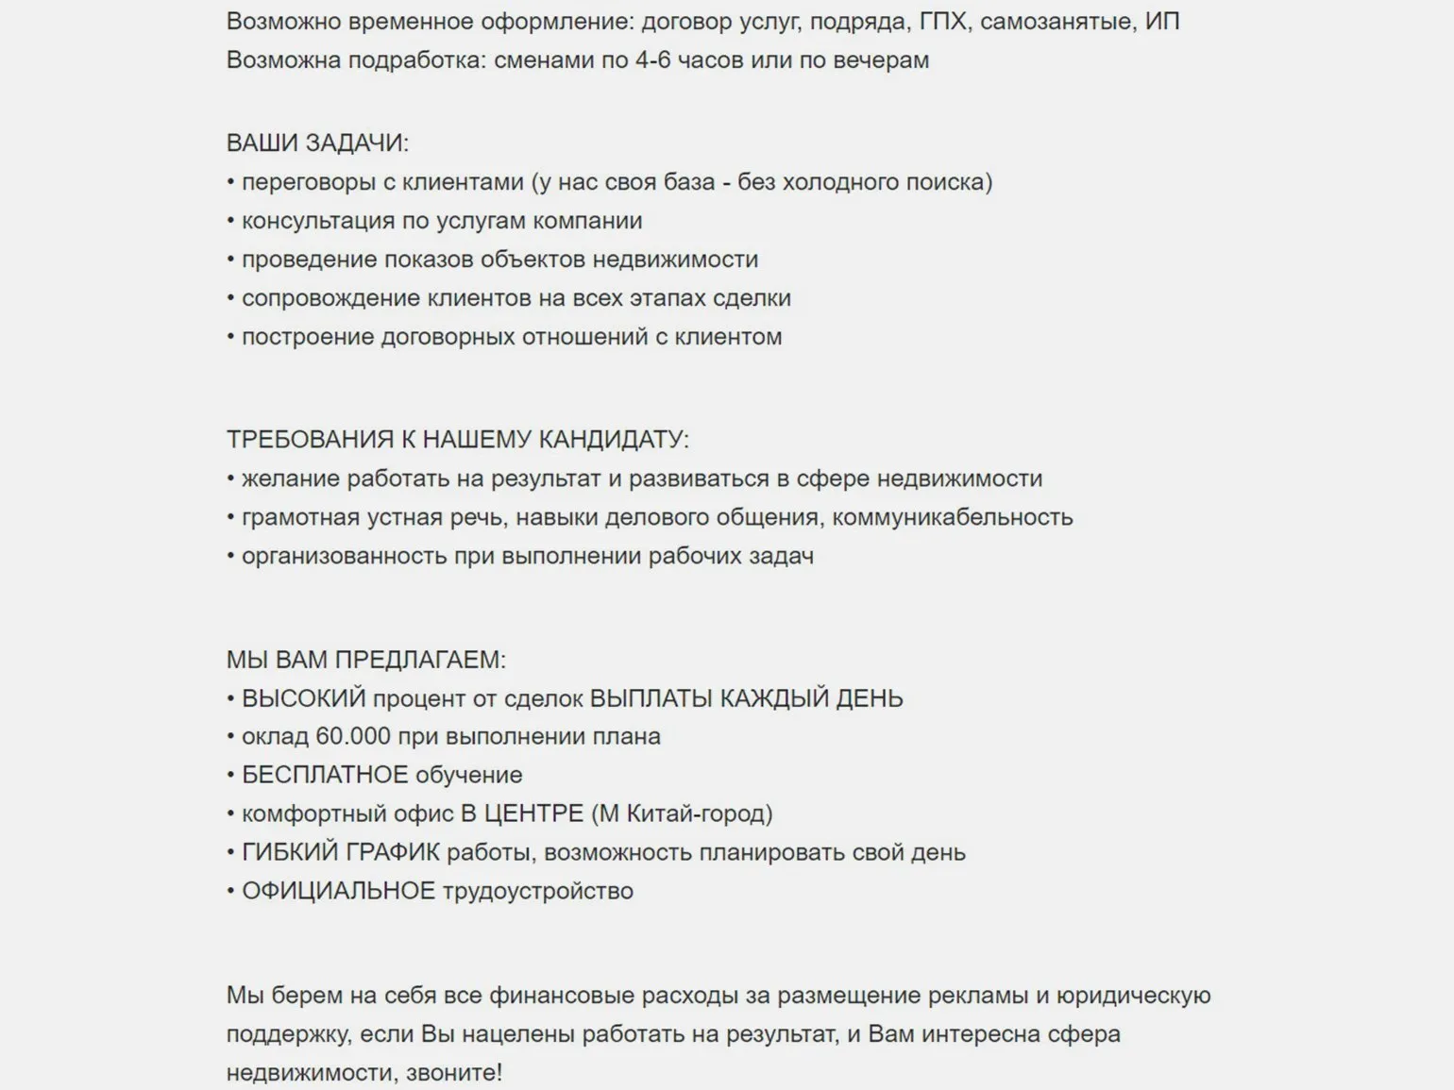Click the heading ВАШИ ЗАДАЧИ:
317,143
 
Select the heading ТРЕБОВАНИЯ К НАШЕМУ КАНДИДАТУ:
458,440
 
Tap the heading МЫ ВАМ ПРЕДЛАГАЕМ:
366,660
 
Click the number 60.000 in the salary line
353,736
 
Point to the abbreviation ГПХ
943,21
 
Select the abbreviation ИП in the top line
1162,21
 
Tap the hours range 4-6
652,59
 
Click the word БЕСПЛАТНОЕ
325,775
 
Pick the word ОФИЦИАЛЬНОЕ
338,891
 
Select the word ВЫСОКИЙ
303,698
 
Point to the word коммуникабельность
953,517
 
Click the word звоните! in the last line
454,1073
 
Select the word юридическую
1133,996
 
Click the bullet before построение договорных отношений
230,337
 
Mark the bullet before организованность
230,556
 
